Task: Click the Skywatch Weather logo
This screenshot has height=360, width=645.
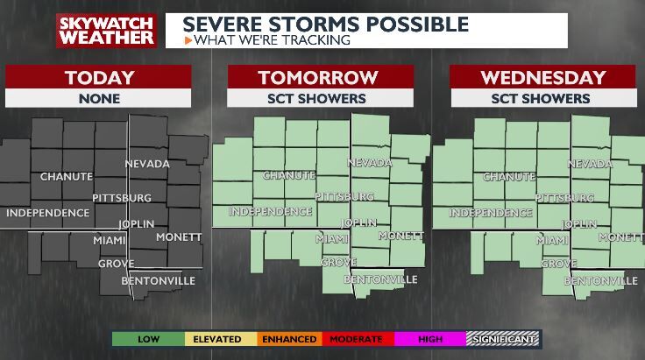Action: click(x=106, y=30)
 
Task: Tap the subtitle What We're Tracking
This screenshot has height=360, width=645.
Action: click(x=272, y=39)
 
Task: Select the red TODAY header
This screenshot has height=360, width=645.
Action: click(x=99, y=77)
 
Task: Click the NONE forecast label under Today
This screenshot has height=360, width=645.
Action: click(x=99, y=98)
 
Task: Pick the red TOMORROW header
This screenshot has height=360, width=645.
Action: click(x=320, y=77)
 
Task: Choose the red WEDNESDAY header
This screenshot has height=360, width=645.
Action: click(x=542, y=77)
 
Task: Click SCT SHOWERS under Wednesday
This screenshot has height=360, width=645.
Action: click(x=542, y=98)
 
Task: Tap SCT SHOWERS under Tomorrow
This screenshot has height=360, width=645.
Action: click(x=320, y=98)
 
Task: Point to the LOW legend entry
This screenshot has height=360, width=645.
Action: click(x=147, y=338)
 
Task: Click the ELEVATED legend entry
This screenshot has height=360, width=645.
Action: click(x=217, y=338)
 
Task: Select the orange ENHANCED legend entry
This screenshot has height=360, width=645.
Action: click(x=288, y=338)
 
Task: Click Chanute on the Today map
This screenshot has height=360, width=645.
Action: click(x=66, y=176)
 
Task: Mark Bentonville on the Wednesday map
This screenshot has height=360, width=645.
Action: click(x=600, y=280)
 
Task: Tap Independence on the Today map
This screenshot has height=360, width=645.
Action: click(x=47, y=212)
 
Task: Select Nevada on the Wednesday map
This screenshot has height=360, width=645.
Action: click(x=590, y=163)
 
